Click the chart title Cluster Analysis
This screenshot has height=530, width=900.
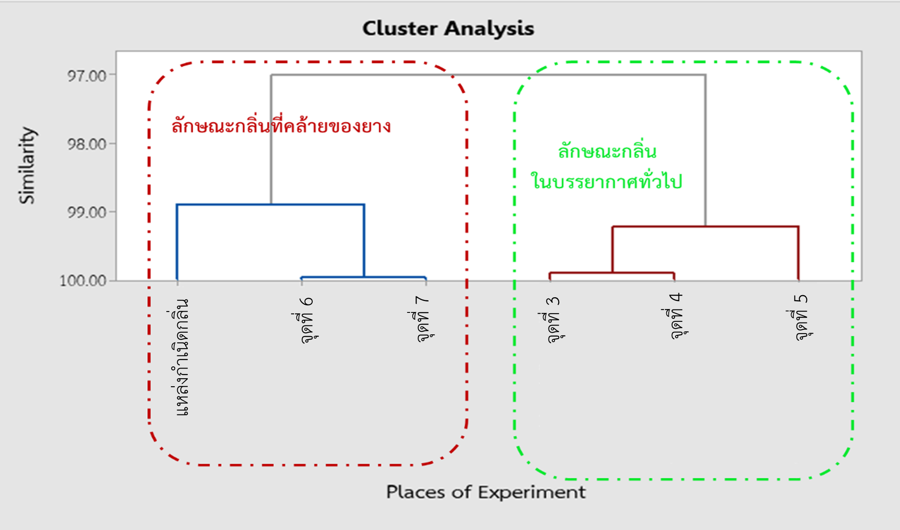coord(448,29)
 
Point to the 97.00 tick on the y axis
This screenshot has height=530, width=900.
coord(87,76)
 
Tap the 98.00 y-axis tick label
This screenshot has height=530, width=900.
coord(87,144)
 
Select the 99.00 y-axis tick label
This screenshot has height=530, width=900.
coord(87,213)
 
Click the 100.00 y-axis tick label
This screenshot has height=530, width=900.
coord(83,281)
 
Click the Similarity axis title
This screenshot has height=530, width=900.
coord(27,165)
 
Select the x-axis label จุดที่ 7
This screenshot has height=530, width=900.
coord(423,319)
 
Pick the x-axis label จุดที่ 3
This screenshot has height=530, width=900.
coord(553,320)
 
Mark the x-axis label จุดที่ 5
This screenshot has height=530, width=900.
coord(801,317)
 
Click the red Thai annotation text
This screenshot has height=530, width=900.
coord(281,126)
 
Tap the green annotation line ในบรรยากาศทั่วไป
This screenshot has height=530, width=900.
coord(606,181)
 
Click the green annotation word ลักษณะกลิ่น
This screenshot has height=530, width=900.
coord(607,151)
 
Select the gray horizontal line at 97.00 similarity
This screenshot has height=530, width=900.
coord(488,75)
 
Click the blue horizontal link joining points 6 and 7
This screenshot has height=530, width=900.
coord(363,277)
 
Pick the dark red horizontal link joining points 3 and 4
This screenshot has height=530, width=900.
coord(612,272)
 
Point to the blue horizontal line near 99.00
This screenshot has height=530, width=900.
coord(270,204)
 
